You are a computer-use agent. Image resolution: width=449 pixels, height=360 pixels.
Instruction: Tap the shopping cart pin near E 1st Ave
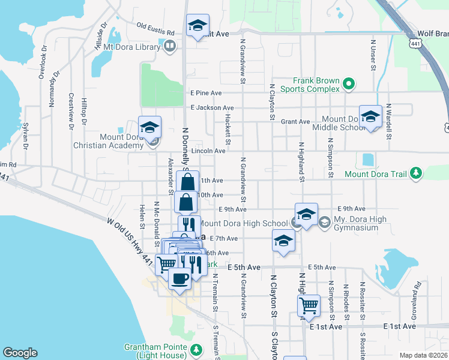pyautogui.click(x=309, y=305)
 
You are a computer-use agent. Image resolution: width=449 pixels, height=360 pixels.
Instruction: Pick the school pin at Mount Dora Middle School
pyautogui.click(x=370, y=116)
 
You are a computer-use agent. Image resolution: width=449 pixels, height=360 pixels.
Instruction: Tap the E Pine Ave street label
pyautogui.click(x=206, y=93)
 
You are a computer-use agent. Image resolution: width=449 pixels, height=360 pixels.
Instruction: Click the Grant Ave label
pyautogui.click(x=295, y=121)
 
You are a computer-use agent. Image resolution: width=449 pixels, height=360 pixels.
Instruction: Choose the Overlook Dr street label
pyautogui.click(x=43, y=62)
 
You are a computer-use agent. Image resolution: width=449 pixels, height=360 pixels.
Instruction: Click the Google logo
pyautogui.click(x=20, y=353)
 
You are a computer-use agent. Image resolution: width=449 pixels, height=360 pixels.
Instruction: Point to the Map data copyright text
pyautogui.click(x=423, y=355)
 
